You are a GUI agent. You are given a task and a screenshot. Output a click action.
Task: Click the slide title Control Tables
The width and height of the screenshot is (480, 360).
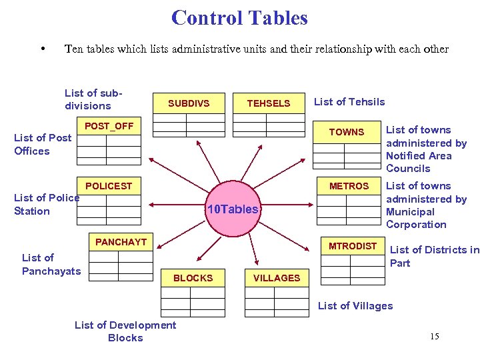tap(239, 17)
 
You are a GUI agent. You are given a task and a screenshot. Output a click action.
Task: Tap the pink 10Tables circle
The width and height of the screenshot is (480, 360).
tap(232, 209)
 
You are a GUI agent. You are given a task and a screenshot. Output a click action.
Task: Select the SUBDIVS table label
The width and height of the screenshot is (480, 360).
tap(189, 103)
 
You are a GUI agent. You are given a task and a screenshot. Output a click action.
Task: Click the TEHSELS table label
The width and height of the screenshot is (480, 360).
tap(269, 103)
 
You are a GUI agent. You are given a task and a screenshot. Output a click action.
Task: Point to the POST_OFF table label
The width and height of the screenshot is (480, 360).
tap(109, 126)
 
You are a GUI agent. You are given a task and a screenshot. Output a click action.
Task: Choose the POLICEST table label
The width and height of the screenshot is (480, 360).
tap(109, 186)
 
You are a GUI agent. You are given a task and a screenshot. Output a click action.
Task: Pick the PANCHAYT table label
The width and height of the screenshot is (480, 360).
tap(121, 242)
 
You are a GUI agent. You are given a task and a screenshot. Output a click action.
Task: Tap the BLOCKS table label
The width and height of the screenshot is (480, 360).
tap(193, 278)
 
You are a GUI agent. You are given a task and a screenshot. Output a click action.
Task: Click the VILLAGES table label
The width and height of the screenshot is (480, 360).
tap(277, 278)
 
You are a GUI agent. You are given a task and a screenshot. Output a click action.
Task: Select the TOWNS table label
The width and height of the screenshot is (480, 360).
tap(347, 132)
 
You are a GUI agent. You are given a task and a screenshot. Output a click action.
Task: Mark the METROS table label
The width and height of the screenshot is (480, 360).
tap(349, 186)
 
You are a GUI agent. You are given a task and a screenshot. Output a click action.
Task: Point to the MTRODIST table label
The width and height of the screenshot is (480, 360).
tap(353, 246)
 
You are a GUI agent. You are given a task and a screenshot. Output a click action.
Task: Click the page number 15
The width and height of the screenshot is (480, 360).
tap(434, 337)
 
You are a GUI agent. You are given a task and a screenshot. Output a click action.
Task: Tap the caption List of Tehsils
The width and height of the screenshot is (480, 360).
tap(349, 102)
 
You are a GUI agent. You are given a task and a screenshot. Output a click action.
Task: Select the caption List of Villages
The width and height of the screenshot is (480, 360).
tap(355, 306)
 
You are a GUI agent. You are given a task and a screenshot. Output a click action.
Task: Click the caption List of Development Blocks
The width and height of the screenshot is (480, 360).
tap(125, 331)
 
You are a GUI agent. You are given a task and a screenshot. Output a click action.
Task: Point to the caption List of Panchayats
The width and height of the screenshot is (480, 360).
tap(51, 264)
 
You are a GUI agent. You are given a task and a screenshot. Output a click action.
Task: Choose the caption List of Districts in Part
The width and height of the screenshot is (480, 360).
tap(434, 256)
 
